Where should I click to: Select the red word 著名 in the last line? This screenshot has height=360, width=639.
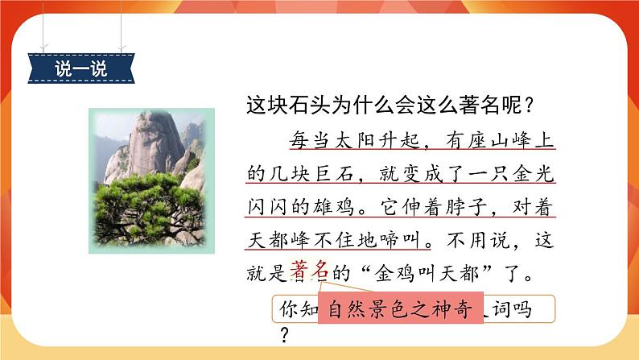pos(307,272)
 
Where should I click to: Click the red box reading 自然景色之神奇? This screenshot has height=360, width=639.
pos(401,308)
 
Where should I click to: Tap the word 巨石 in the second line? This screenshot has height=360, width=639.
pos(336,174)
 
